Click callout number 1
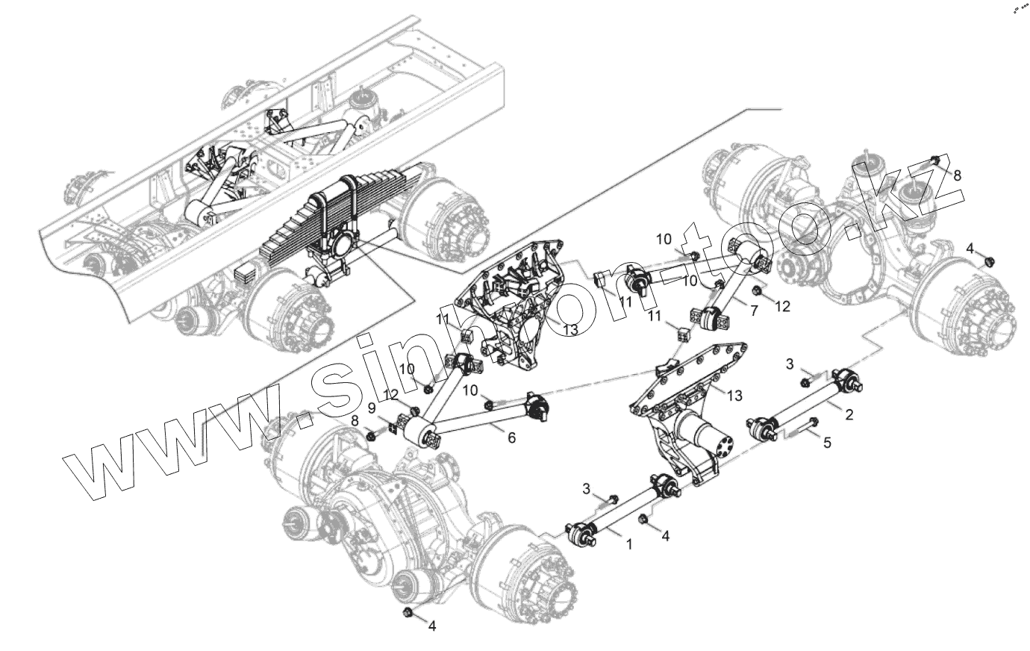(x=628, y=545)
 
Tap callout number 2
(x=849, y=414)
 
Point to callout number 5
(x=827, y=443)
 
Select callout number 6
(x=511, y=438)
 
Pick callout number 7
(x=754, y=310)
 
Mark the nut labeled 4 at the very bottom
(x=408, y=613)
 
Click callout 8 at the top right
(x=957, y=174)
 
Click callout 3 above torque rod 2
(x=790, y=364)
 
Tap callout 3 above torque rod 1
(x=587, y=488)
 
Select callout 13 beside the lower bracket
(x=734, y=395)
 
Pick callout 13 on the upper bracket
(x=570, y=330)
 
